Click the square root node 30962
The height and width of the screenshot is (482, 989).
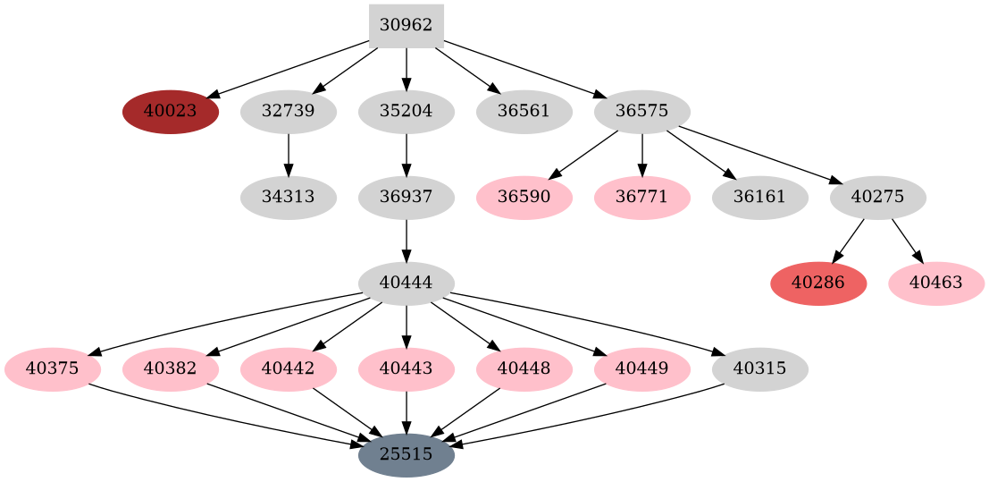[406, 26]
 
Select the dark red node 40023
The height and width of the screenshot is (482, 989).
[171, 112]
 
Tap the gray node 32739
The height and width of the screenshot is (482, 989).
[289, 112]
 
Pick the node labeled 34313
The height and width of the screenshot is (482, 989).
[289, 198]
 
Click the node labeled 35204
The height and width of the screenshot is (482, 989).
[406, 112]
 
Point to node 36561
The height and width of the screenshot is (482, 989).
[524, 112]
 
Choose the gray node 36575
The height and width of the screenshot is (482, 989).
[642, 112]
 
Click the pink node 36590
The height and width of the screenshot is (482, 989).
[524, 198]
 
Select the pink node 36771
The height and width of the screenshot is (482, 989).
[642, 198]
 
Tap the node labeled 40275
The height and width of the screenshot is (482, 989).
[878, 198]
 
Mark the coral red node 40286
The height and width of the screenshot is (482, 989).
[818, 283]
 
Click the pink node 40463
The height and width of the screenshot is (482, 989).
[936, 283]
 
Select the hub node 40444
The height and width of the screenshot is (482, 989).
[406, 283]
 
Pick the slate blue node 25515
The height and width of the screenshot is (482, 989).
[406, 455]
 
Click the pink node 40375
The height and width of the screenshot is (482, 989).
[53, 368]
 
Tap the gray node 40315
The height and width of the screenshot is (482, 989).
[760, 368]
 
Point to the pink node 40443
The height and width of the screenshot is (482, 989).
[406, 368]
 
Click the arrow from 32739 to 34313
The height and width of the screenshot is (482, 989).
[289, 154]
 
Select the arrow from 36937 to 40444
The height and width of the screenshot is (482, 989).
[406, 240]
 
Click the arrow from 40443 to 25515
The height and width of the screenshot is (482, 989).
[406, 411]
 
